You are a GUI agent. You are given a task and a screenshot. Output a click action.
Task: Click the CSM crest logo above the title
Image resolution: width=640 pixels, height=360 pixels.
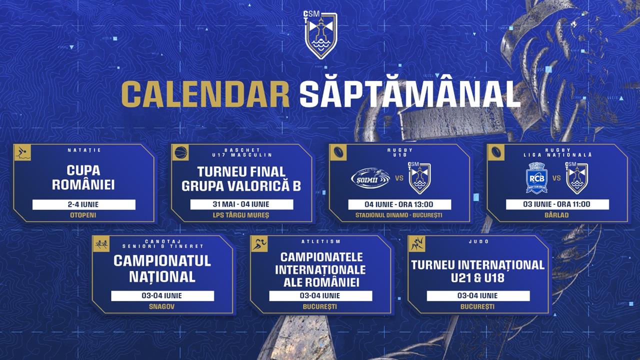click(320, 35)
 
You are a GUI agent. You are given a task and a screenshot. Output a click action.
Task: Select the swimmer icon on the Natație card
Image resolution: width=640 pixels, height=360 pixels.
click(22, 153)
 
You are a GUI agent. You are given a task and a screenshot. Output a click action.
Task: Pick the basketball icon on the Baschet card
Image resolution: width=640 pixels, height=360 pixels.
click(180, 153)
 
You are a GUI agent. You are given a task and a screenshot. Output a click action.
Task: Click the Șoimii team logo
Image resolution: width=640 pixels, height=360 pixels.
click(370, 178)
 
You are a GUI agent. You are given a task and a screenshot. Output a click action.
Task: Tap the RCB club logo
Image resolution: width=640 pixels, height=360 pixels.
click(536, 178)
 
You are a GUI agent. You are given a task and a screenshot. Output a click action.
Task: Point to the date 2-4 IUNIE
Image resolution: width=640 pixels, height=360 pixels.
click(83, 204)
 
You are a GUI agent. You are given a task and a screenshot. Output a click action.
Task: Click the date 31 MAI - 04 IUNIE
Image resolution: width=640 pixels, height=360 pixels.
click(241, 204)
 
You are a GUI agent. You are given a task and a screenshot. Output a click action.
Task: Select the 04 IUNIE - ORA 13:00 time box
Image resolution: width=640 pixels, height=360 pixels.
click(399, 204)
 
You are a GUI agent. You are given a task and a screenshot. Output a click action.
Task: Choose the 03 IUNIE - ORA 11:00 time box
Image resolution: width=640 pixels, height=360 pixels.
click(557, 204)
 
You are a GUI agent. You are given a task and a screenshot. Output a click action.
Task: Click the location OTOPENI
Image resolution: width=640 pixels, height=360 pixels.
click(83, 215)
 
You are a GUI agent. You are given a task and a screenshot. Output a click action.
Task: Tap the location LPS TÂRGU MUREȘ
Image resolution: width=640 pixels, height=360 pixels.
click(241, 215)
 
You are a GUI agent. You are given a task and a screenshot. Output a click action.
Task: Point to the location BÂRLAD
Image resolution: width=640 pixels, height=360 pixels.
click(557, 215)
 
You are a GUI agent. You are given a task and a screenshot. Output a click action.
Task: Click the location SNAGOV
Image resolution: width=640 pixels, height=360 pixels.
click(161, 306)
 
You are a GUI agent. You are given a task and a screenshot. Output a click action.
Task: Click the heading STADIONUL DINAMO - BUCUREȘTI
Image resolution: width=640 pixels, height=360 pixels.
click(399, 215)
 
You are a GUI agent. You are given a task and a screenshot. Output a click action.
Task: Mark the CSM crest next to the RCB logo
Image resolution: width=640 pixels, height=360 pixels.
click(576, 178)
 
